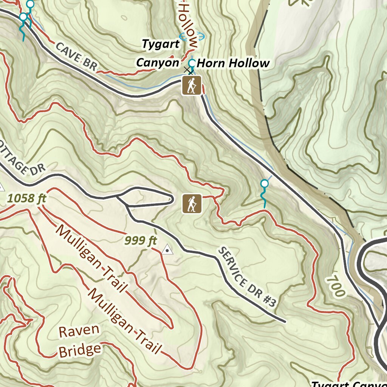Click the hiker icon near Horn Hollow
point(191,85)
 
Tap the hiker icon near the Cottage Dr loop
point(192,204)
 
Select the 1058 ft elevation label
point(26,198)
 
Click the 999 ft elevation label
point(141,240)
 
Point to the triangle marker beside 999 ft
point(167,249)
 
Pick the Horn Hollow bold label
point(233,63)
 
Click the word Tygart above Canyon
point(161,44)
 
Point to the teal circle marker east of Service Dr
point(265,184)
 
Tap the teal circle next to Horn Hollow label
point(192,62)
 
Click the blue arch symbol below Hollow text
point(192,36)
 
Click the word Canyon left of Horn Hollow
point(157,62)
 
